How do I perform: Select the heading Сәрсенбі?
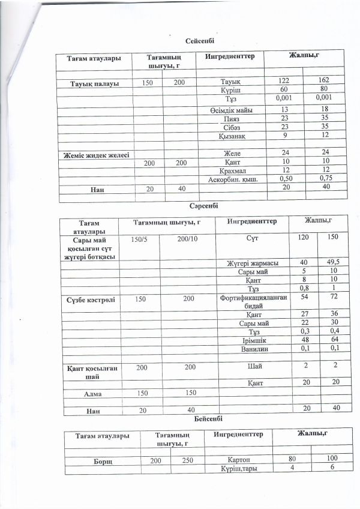203,205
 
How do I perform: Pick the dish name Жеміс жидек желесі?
97,155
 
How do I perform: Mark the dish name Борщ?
98,460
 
